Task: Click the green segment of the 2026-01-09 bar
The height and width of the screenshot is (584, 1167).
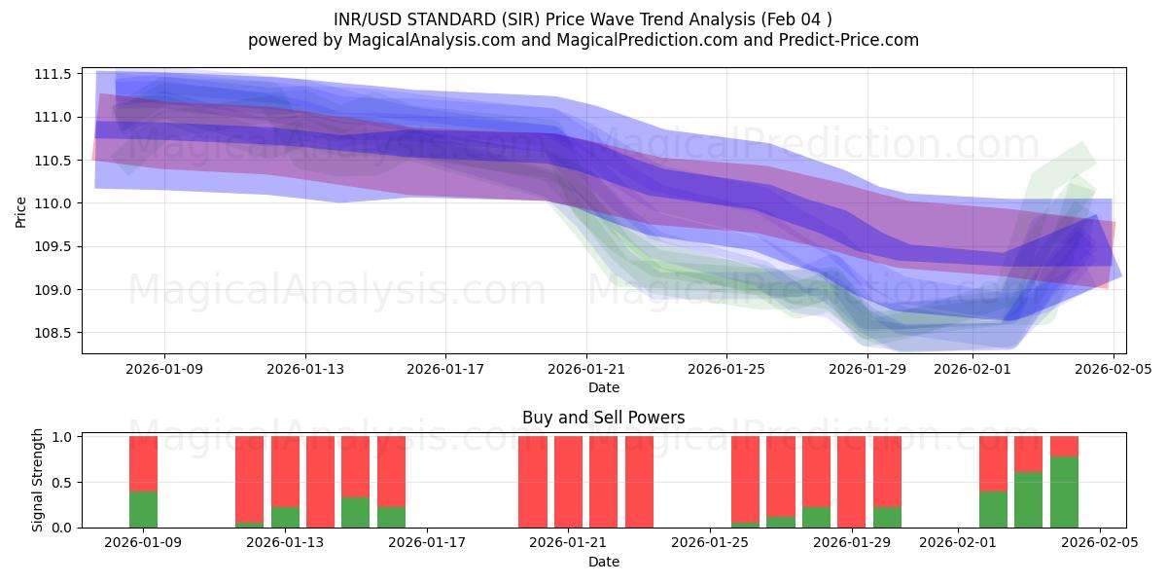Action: tap(143, 509)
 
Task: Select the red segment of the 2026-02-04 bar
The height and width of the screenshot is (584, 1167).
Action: tap(1064, 447)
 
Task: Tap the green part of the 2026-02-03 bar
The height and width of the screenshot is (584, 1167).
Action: tap(1028, 499)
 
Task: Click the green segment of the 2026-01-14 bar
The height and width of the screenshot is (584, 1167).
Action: tap(355, 512)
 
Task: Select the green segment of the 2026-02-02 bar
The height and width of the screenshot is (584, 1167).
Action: tap(993, 509)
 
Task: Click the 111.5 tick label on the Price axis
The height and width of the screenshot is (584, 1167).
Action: tap(55, 74)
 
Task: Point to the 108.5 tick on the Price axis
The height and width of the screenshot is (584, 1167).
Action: tap(55, 333)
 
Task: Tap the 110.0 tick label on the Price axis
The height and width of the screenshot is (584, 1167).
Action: tap(55, 203)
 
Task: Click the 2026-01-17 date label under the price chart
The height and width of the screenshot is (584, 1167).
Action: tap(445, 369)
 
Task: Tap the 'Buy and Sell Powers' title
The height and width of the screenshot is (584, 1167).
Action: tap(603, 418)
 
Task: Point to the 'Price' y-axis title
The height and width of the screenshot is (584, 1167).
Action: tap(21, 210)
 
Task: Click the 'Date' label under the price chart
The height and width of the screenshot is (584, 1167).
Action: tap(603, 387)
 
